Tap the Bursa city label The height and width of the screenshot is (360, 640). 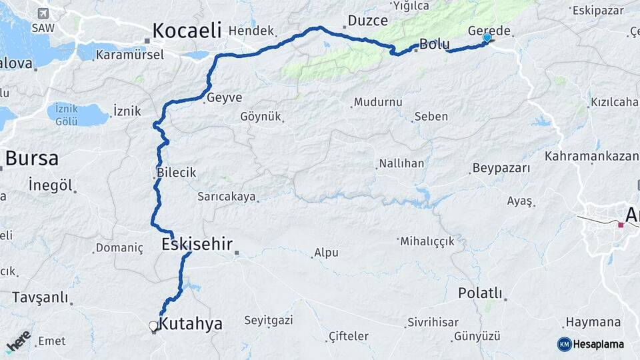(x=31, y=159)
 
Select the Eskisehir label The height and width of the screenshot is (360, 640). (x=197, y=244)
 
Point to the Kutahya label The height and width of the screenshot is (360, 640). (x=191, y=324)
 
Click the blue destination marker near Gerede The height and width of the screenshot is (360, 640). (x=487, y=38)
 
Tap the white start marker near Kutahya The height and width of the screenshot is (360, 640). (x=153, y=326)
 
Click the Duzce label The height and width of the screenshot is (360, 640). (x=367, y=21)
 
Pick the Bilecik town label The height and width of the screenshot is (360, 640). (x=176, y=172)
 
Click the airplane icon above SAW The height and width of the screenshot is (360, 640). (x=43, y=13)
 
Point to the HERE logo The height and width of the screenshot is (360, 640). (x=19, y=341)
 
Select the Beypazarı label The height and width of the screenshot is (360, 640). (x=501, y=168)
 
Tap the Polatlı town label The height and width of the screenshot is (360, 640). (x=480, y=293)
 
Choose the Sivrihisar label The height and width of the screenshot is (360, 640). (x=433, y=322)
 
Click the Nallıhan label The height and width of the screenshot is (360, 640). (x=401, y=163)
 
